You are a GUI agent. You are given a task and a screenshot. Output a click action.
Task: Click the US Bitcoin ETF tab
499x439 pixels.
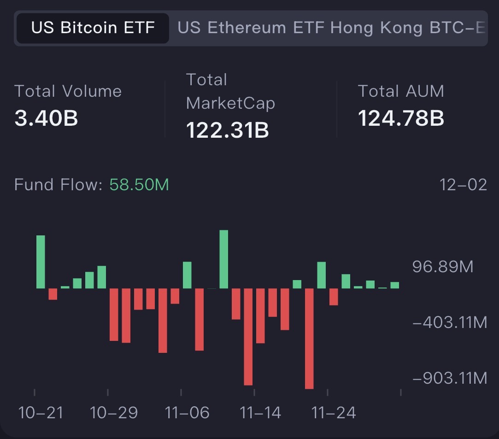(93, 28)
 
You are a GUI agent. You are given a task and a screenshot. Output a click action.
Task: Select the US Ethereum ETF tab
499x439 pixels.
(252, 28)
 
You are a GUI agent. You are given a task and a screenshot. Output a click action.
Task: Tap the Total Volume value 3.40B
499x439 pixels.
(46, 118)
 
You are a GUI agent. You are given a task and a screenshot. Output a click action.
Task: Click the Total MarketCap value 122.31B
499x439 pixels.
(227, 130)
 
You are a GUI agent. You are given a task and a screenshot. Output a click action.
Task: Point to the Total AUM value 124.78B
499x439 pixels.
(401, 118)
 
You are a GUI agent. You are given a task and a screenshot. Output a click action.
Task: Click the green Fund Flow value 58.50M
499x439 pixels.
(139, 185)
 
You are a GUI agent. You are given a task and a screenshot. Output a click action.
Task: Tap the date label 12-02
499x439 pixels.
(463, 185)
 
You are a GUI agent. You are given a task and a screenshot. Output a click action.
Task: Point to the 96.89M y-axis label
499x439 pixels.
(443, 267)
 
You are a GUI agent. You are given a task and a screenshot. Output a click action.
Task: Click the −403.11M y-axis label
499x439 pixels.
(449, 322)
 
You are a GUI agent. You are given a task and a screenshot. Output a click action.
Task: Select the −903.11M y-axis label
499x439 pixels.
(449, 378)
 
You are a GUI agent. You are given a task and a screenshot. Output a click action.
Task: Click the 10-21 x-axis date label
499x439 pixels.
(41, 413)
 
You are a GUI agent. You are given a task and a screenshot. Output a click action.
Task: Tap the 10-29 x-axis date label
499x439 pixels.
(114, 413)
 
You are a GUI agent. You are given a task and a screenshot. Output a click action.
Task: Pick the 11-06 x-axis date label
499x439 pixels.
(187, 413)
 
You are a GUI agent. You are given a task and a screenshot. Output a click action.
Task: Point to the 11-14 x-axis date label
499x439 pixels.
(260, 413)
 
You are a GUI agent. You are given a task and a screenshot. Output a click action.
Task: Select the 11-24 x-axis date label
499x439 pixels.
(334, 413)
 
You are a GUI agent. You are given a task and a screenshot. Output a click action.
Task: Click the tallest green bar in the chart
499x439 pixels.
(224, 259)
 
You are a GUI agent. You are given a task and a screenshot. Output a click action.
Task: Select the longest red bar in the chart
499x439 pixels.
(309, 339)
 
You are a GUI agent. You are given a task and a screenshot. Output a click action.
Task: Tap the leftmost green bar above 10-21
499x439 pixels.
(41, 262)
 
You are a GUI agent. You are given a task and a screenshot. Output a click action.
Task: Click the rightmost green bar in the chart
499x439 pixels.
(394, 285)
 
